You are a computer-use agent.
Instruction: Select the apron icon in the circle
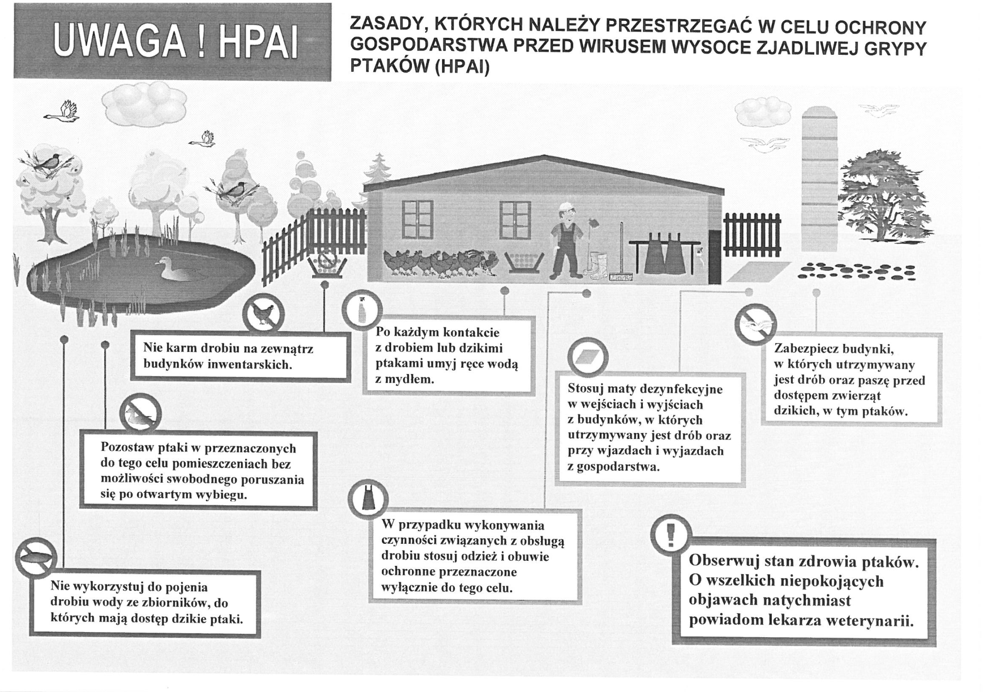pos(368,500)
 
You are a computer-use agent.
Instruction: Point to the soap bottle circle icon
pos(362,310)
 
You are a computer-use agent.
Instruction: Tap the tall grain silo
pos(819,178)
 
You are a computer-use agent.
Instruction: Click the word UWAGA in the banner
pos(120,42)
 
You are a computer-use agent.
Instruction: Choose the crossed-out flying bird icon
pos(755,325)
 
